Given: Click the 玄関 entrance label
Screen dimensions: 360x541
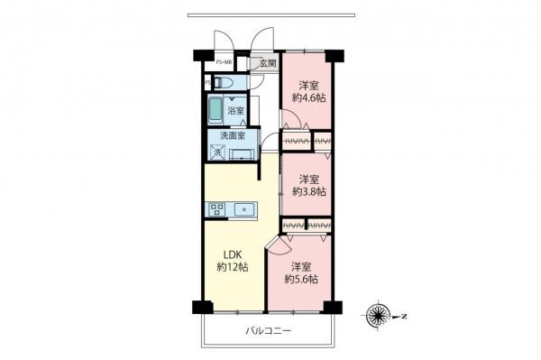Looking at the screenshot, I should pos(268,64).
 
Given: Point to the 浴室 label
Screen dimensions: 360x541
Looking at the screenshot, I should pos(235,109).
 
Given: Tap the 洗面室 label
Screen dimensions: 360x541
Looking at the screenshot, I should pos(224,137).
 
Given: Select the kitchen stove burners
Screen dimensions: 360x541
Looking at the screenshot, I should pos(217,209).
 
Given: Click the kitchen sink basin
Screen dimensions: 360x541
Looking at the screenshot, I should pos(244,209).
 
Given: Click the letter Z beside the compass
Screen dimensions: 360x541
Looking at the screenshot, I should pos(405,316).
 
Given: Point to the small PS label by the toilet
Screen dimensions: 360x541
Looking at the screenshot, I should pos(207,83).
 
